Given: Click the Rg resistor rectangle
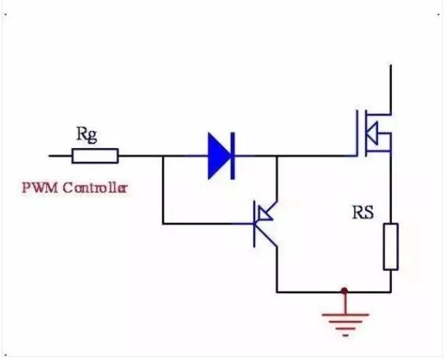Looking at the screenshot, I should click(94, 156).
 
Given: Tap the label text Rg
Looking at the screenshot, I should click(86, 134).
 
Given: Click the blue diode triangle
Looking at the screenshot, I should click(218, 156).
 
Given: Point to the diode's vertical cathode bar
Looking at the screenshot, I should click(232, 156).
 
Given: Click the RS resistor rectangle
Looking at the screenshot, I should click(391, 247).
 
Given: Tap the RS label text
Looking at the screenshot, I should click(362, 213).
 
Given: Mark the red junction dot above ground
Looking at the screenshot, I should click(343, 292).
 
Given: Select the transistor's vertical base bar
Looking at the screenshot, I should click(255, 223).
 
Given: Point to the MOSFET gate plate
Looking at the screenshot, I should click(360, 133).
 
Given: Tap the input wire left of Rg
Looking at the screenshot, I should click(59, 156).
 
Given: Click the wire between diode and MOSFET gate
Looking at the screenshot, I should click(309, 156).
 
